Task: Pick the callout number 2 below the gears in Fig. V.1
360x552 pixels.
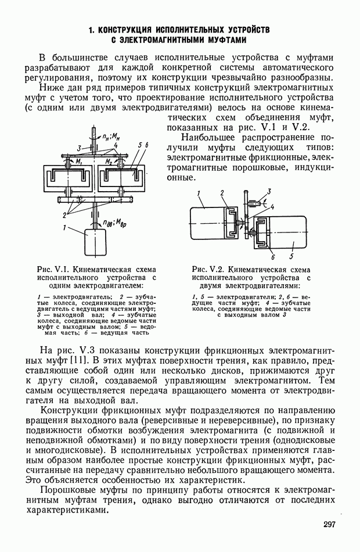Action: click(66, 214)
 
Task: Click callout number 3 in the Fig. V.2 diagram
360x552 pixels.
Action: click(269, 191)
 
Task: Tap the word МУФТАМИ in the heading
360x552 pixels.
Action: click(221, 40)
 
